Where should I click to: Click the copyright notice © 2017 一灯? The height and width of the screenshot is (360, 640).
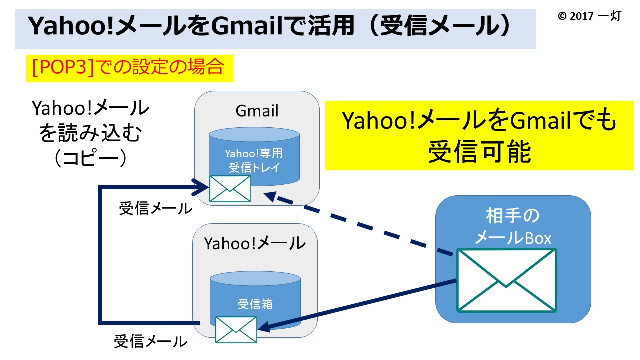click(x=589, y=16)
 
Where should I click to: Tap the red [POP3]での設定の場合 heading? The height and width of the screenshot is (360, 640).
click(x=128, y=68)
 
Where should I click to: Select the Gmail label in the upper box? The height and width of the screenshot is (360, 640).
click(x=257, y=111)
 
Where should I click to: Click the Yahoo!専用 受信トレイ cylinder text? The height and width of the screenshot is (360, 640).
click(x=254, y=160)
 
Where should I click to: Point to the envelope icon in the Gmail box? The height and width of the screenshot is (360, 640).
click(x=230, y=189)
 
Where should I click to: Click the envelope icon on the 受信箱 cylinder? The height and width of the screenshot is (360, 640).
click(x=236, y=330)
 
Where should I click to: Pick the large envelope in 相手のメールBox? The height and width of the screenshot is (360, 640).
click(x=507, y=280)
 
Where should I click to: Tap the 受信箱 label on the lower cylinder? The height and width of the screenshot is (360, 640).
click(x=255, y=304)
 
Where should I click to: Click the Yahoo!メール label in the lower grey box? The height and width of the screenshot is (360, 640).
click(x=255, y=243)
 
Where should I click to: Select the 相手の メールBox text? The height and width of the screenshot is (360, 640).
click(x=513, y=227)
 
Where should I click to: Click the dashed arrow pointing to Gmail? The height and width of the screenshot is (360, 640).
click(x=358, y=223)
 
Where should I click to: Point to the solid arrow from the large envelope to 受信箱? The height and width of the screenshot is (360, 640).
click(x=357, y=305)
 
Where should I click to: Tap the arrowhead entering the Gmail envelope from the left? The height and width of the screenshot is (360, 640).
click(x=201, y=187)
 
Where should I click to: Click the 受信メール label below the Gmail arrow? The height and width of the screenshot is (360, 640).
click(x=155, y=209)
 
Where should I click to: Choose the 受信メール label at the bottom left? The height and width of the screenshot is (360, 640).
click(x=150, y=341)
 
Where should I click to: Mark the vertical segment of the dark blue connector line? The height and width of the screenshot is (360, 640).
click(x=100, y=255)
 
